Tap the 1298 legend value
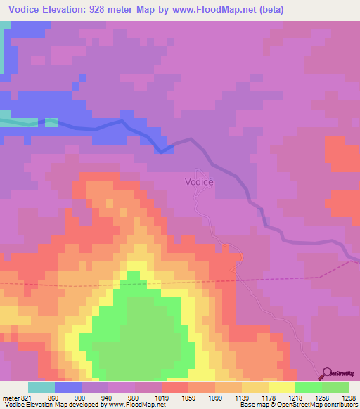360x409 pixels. pyautogui.click(x=349, y=398)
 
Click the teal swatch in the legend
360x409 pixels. pyautogui.click(x=41, y=387)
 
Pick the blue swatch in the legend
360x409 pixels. pyautogui.click(x=68, y=387)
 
